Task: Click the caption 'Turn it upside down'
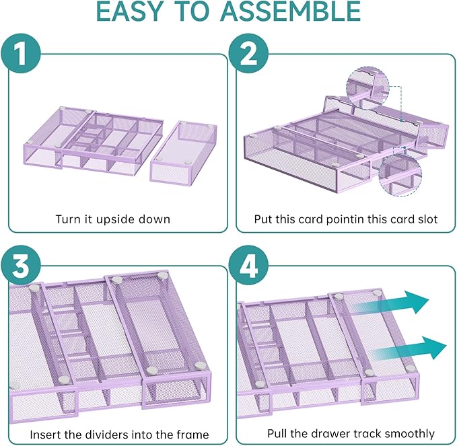[x=113, y=219]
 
